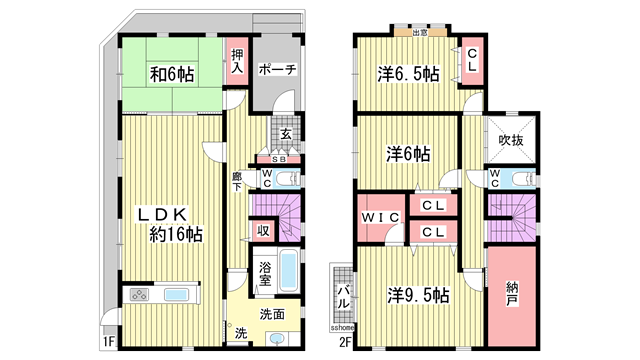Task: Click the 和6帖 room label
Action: point(173,73)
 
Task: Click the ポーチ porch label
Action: point(275,70)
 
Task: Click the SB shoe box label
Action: point(279,159)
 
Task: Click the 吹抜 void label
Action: point(512,140)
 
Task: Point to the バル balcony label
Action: point(342,296)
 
